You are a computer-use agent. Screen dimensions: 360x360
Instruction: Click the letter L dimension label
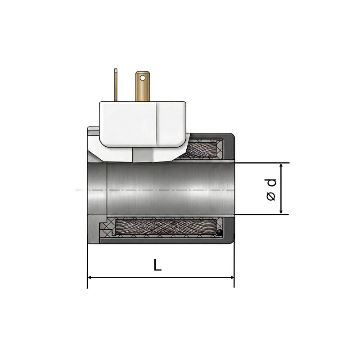157,265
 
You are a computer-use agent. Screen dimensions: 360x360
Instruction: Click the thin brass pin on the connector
116,85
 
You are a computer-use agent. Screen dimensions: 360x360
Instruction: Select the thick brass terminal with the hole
143,86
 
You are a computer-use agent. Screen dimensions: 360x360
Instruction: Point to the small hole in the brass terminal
143,78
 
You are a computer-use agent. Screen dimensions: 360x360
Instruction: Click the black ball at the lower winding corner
220,233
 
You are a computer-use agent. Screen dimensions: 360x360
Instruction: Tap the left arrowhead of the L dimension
90,278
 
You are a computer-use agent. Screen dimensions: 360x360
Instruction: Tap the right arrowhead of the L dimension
231,278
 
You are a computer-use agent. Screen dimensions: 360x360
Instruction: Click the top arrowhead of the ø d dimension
281,166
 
